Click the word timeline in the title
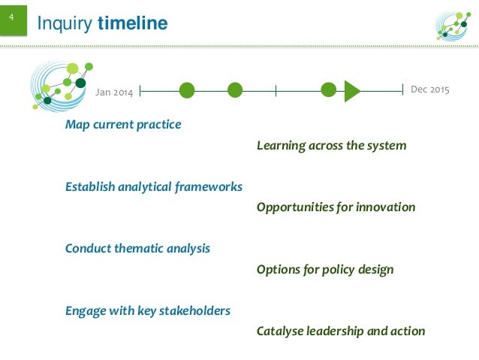coord(133,25)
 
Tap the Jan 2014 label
coord(114,92)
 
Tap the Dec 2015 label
coord(430,90)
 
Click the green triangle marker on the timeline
coord(351,91)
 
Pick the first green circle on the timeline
coord(187,91)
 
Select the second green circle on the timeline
coord(235,91)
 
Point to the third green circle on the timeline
coord(328,90)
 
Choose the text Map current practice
coord(123,125)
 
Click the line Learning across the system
coord(331,145)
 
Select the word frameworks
coord(207,186)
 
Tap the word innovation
coord(384,207)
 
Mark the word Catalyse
coord(279,331)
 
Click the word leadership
coord(342,331)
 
